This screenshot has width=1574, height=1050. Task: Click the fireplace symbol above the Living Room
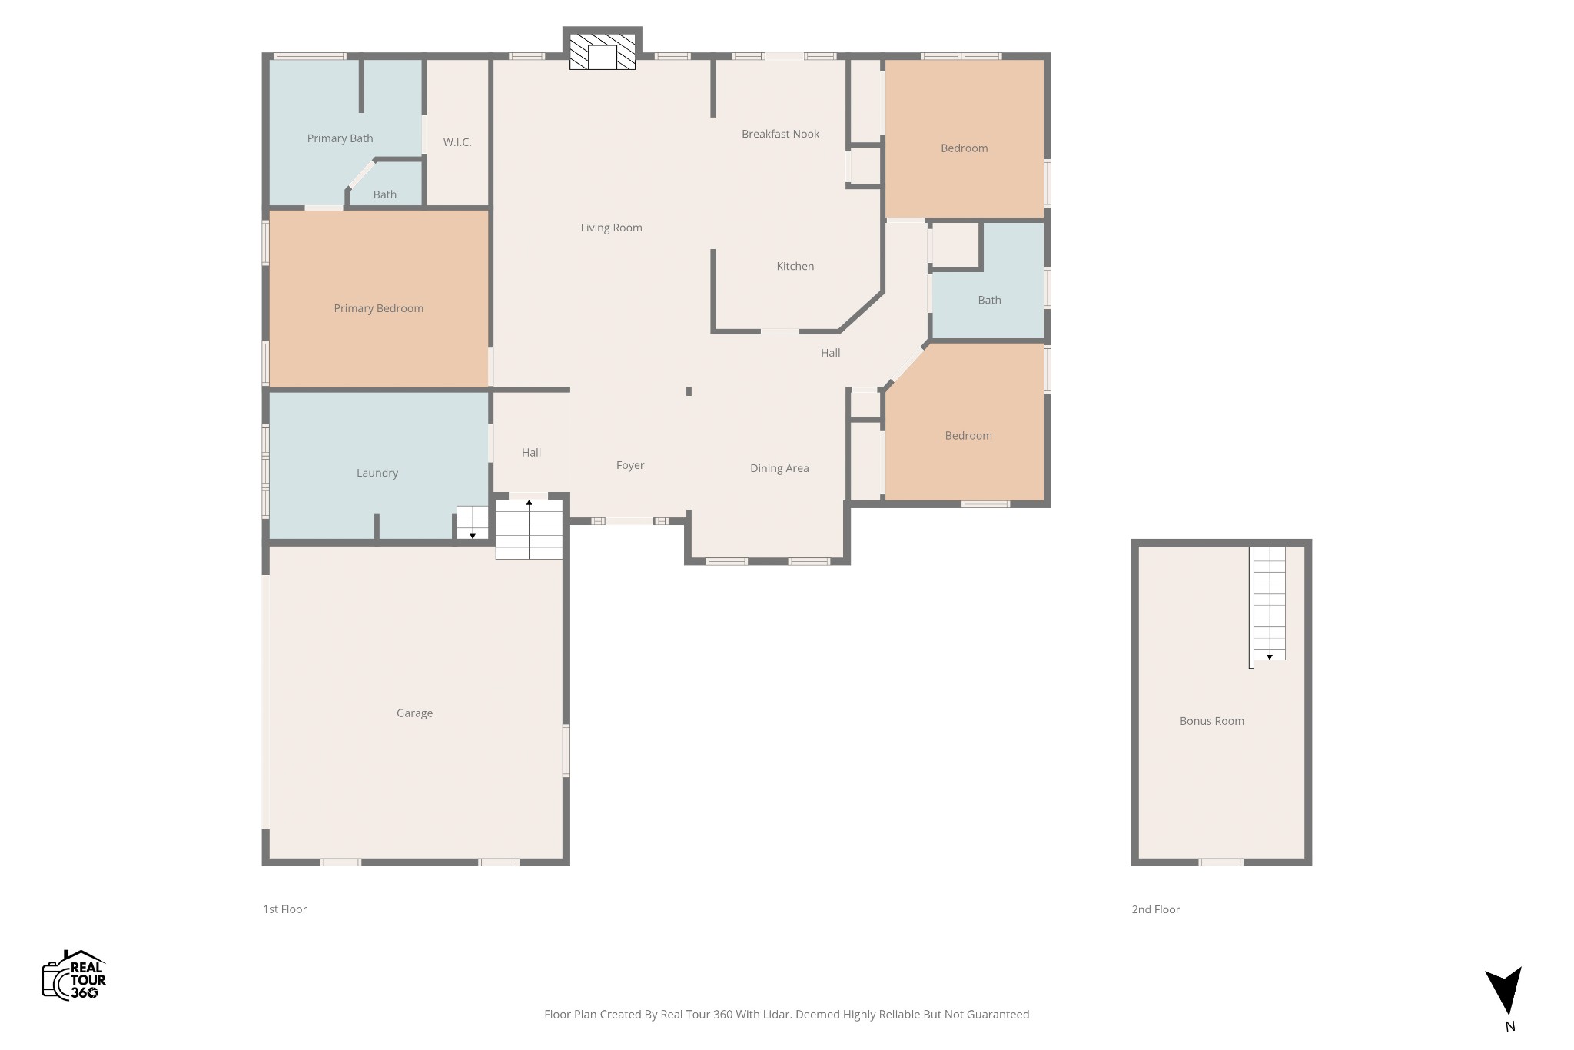tap(603, 52)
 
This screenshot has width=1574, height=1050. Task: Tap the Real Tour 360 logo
tap(74, 975)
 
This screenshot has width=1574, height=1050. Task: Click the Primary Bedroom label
tap(378, 308)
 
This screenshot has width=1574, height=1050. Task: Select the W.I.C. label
tap(457, 142)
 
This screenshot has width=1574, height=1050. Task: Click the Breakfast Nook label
tap(780, 134)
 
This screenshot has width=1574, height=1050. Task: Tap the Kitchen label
tap(795, 266)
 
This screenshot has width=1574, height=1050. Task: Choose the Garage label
tap(414, 713)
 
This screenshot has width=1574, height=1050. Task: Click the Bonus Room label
tap(1211, 721)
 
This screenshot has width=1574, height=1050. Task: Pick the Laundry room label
tap(377, 473)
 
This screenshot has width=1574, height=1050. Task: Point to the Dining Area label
tap(779, 468)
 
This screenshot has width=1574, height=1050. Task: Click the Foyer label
tap(630, 465)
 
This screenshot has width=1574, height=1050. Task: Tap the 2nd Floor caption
tap(1155, 909)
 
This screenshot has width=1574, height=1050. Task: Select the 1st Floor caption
tap(284, 909)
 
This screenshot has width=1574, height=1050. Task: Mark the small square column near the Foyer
tap(689, 391)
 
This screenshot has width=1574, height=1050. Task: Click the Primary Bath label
tap(340, 138)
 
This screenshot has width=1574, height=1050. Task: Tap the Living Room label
tap(611, 228)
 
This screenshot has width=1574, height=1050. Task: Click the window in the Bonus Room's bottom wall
tap(1220, 862)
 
